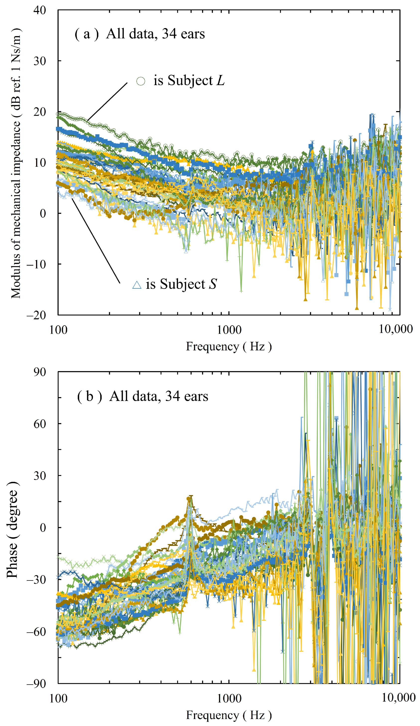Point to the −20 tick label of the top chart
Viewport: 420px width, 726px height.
36,315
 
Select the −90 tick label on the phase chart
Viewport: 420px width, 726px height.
36,683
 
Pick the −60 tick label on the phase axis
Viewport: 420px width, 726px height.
36,632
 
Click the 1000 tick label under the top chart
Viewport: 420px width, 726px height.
229,330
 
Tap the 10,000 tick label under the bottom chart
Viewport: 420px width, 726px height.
398,698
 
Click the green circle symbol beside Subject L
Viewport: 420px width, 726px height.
140,81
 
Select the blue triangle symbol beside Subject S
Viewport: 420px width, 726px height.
137,285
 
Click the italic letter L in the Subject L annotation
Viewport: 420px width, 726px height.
220,80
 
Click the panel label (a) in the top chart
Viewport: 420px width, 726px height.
86,34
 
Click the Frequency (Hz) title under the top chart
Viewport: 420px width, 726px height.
229,346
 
